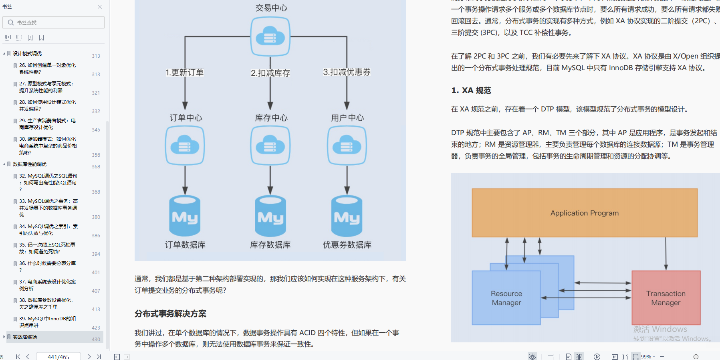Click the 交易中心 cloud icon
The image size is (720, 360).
[x=270, y=37]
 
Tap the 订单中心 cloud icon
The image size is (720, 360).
[x=185, y=146]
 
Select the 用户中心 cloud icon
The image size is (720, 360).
[x=347, y=146]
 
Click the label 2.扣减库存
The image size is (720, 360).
[x=270, y=73]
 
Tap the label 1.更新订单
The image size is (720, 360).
[x=185, y=73]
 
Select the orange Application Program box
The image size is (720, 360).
[x=584, y=213]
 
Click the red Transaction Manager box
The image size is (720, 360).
[x=666, y=298]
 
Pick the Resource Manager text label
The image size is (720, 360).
[x=506, y=298]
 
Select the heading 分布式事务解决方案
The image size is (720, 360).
[x=170, y=314]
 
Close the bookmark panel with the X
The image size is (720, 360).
[x=100, y=7]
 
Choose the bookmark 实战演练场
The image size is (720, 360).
[x=25, y=337]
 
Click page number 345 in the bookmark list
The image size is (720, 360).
[x=96, y=130]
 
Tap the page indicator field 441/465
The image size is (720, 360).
[x=58, y=357]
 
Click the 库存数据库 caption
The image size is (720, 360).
[x=270, y=245]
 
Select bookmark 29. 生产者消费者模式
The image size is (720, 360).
[x=47, y=124]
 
